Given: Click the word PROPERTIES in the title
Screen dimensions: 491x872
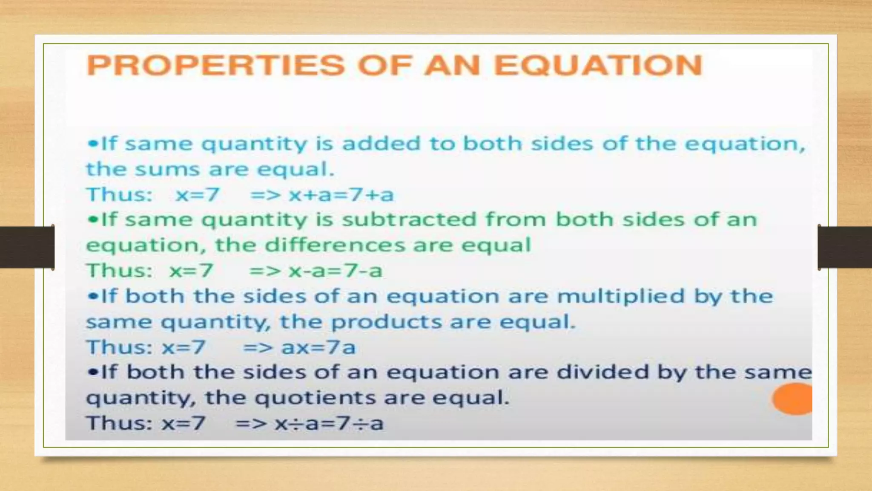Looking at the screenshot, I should coord(215,65).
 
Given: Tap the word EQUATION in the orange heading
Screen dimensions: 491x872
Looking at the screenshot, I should coord(598,65).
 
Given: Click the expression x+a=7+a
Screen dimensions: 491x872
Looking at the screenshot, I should coord(341,195).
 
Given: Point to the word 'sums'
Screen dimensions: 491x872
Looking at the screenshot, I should coord(167,169).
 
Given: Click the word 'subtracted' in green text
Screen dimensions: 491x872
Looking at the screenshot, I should coord(409,220).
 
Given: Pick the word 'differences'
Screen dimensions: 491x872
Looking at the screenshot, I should coord(335,245).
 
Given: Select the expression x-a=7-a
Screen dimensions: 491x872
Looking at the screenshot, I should coord(336,271).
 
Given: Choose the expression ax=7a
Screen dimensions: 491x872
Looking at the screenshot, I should coord(318,347).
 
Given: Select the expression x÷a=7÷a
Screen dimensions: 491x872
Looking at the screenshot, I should coord(329,423).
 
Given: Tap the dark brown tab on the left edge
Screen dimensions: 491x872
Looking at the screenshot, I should coord(26,247).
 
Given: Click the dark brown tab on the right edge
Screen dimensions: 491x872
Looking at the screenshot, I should coord(845,247).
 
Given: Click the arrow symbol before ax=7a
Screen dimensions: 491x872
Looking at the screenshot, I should coord(258,347).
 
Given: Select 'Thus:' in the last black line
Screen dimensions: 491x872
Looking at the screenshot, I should coord(119,423).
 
